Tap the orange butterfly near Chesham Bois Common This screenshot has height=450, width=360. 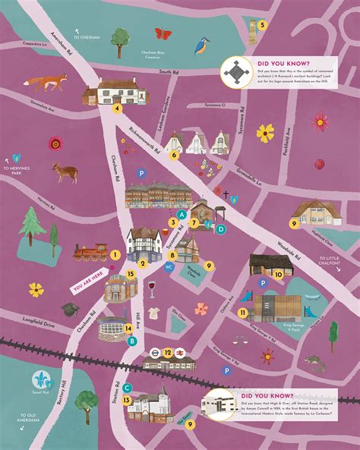point(163,33)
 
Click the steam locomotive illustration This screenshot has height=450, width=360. point(90,253)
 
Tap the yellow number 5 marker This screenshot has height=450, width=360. point(263,24)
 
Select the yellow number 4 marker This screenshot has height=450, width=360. point(118,108)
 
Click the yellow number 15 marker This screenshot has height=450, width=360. point(131,274)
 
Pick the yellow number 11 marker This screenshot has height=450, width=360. point(242,312)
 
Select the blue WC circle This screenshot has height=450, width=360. point(169,266)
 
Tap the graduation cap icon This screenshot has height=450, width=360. point(70,309)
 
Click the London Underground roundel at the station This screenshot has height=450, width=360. point(151,352)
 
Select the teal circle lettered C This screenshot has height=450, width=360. point(127,389)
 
